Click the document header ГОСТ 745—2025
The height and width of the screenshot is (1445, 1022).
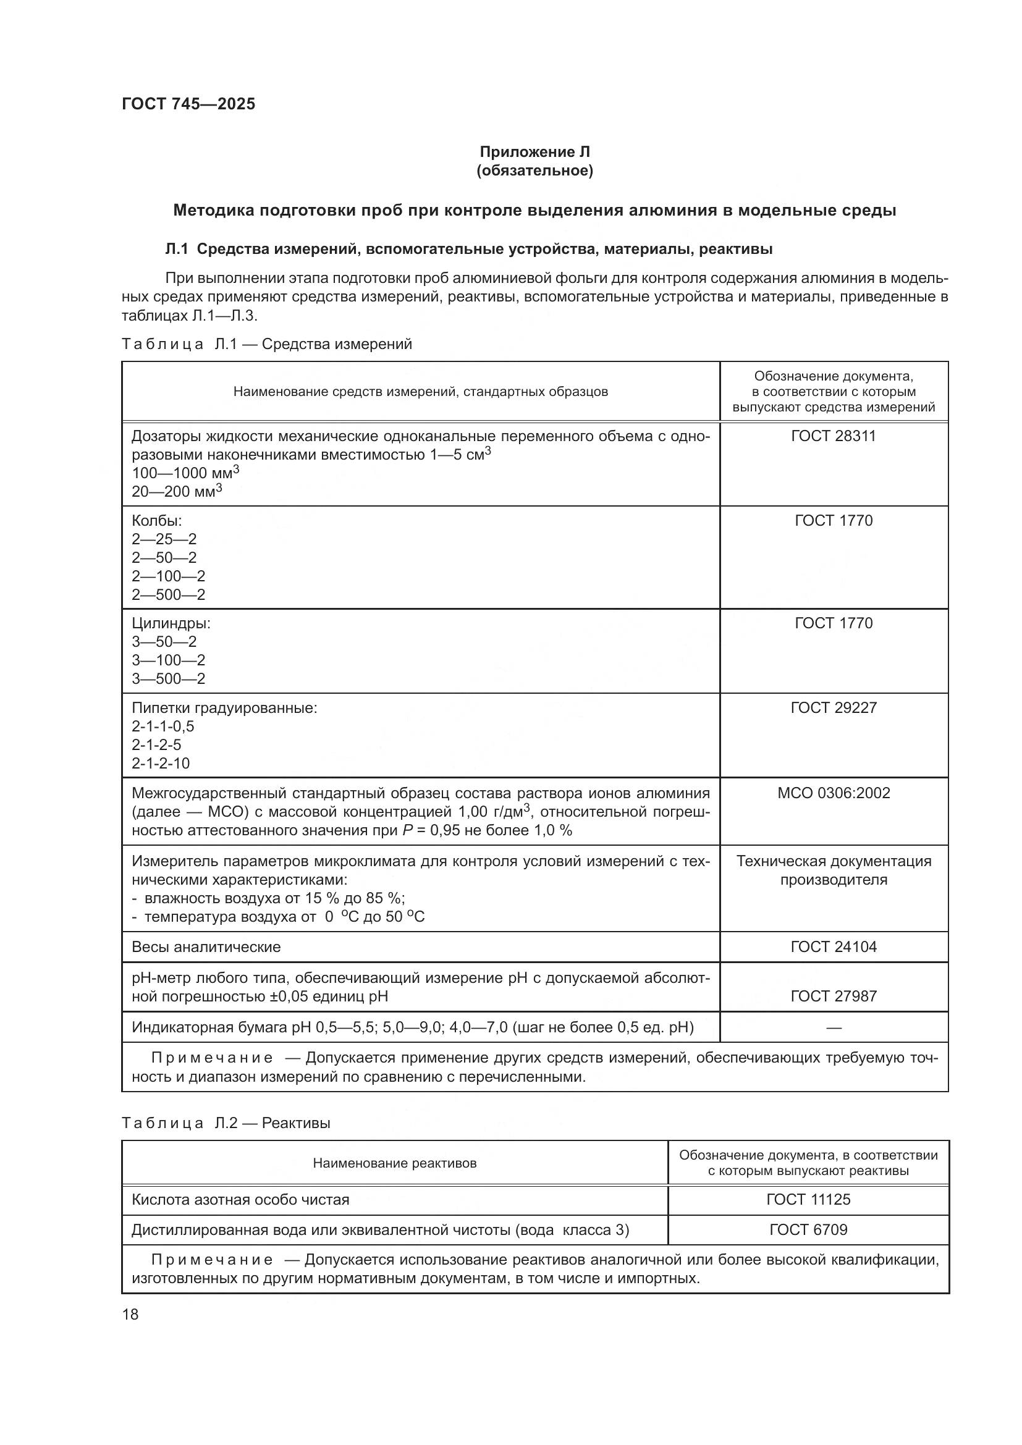(189, 104)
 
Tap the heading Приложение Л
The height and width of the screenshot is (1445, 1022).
(534, 152)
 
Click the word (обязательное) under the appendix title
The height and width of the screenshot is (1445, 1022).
(534, 171)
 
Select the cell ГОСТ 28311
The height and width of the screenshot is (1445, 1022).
(833, 436)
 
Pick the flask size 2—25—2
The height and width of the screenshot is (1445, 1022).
(164, 539)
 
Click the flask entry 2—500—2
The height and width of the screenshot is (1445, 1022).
(168, 594)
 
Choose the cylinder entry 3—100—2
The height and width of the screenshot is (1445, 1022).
(168, 660)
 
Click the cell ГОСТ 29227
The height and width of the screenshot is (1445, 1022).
(833, 707)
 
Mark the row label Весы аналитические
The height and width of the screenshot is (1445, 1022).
(206, 946)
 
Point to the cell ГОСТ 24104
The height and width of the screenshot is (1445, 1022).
(833, 946)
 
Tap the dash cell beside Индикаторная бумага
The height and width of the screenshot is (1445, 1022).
(833, 1028)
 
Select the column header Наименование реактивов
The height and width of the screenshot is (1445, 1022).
(395, 1163)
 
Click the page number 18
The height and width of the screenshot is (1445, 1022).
(130, 1314)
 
